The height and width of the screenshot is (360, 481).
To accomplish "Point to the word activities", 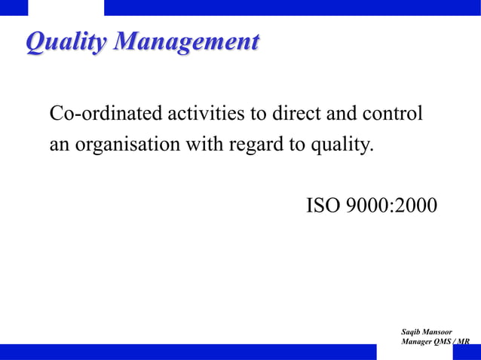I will [x=200, y=114].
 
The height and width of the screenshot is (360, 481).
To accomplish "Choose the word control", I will [x=394, y=114].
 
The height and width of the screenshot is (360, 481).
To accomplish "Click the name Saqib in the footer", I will [x=414, y=331].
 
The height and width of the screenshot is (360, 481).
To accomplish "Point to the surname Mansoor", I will [x=439, y=331].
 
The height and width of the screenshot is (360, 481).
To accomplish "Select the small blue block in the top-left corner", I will [x=14, y=8].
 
